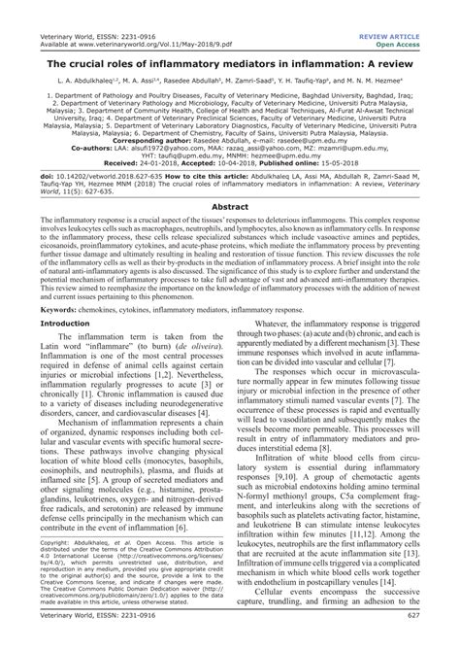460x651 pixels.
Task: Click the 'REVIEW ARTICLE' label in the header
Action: [x=418, y=8]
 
